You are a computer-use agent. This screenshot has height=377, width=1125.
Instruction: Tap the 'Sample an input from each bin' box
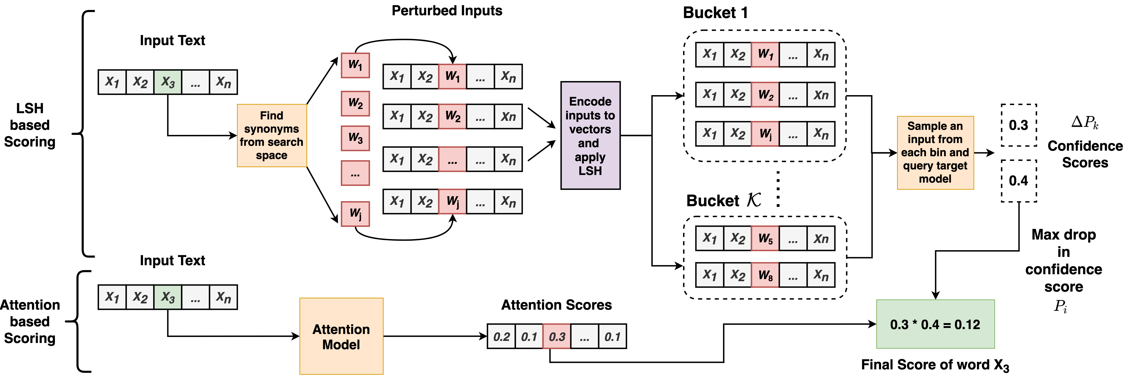pyautogui.click(x=935, y=153)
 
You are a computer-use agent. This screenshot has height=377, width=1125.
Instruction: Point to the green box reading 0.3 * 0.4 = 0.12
pyautogui.click(x=935, y=324)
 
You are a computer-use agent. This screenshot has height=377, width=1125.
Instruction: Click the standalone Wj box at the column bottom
pyautogui.click(x=355, y=214)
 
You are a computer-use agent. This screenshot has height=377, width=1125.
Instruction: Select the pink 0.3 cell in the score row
pyautogui.click(x=556, y=336)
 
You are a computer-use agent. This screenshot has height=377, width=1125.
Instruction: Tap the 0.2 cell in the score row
pyautogui.click(x=501, y=336)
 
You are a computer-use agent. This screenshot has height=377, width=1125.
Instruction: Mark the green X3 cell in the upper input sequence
pyautogui.click(x=168, y=82)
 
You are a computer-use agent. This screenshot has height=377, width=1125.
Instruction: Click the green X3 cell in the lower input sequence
pyautogui.click(x=168, y=297)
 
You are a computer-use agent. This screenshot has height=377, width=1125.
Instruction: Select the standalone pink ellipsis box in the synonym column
pyautogui.click(x=355, y=173)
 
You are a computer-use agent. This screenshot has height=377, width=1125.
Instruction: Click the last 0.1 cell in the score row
pyautogui.click(x=612, y=336)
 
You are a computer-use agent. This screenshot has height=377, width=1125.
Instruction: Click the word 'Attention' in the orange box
pyautogui.click(x=341, y=329)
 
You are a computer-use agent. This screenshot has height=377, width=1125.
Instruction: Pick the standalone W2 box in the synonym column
pyautogui.click(x=355, y=103)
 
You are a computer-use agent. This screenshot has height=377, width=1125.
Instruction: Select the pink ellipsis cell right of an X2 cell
pyautogui.click(x=452, y=159)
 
